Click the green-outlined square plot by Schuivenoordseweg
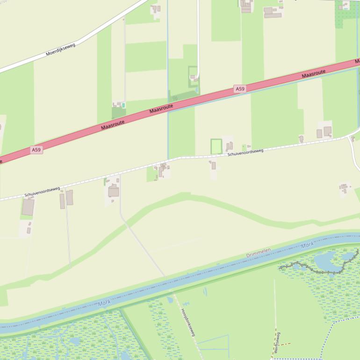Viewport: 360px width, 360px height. pos(216,146)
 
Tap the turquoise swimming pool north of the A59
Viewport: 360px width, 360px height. pos(123,105)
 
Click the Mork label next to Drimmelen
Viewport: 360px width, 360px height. pos(307,245)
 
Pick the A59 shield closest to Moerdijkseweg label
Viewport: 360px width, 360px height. pos(36,150)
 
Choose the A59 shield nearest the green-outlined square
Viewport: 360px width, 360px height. pos(240,89)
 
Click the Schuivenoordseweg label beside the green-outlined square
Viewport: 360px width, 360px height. pos(245,152)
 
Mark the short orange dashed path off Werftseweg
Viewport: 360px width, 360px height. pos(284,345)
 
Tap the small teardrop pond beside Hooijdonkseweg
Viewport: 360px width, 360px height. pos(170,299)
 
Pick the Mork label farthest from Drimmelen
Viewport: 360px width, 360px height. pos(104,303)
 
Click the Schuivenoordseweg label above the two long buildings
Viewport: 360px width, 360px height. pos(43,191)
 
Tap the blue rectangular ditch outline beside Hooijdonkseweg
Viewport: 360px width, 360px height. pos(213,344)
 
